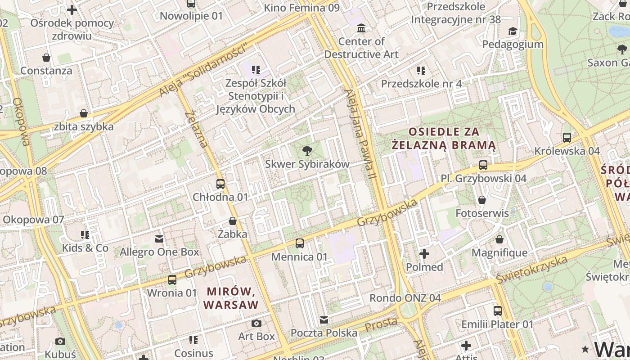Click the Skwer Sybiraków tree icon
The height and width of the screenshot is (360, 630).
(x=307, y=150)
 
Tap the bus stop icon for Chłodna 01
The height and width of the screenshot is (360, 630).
(x=220, y=184)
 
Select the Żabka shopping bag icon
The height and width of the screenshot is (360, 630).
(x=233, y=221)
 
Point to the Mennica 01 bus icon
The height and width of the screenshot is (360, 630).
(x=300, y=243)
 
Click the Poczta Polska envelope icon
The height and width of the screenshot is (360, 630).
(x=324, y=320)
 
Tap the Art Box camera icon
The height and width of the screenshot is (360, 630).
(x=256, y=323)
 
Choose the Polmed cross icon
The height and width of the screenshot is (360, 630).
(x=424, y=254)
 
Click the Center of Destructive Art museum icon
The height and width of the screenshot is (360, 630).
(x=361, y=29)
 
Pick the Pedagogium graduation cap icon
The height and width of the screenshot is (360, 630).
(x=513, y=31)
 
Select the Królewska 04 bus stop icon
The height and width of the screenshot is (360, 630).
(x=567, y=138)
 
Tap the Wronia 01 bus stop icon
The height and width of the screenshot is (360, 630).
(x=172, y=279)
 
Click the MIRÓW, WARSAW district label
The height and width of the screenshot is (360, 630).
(x=231, y=297)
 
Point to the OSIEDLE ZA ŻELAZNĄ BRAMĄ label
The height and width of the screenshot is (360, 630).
(x=443, y=139)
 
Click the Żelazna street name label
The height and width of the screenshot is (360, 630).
(x=197, y=129)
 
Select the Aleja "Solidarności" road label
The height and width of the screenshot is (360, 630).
(x=204, y=70)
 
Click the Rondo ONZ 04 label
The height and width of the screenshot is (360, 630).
(x=405, y=298)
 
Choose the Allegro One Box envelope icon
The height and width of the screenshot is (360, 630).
(x=159, y=238)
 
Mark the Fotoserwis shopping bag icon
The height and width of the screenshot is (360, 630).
(x=482, y=199)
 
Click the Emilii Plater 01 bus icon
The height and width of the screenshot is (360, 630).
(x=498, y=310)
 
